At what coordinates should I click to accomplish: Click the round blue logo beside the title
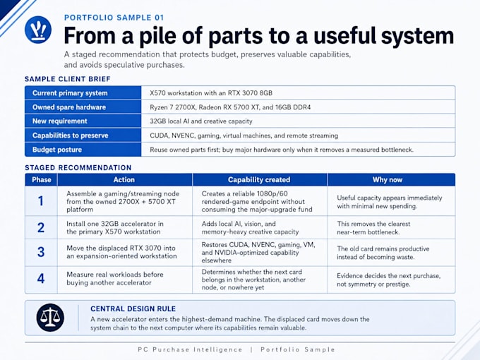click(38, 30)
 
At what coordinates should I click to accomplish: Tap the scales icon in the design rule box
click(50, 318)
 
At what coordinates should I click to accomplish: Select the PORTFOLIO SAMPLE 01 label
click(114, 18)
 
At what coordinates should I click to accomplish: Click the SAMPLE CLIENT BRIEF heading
click(68, 79)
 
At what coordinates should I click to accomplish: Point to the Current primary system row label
click(70, 93)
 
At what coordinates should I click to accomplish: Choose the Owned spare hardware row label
click(69, 107)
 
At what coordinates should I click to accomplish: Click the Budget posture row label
click(57, 150)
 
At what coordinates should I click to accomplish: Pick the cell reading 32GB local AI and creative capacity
click(201, 121)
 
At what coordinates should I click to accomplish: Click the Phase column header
click(42, 180)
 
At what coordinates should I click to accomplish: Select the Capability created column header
click(259, 180)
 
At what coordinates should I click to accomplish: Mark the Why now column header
click(388, 180)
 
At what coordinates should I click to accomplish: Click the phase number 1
click(41, 201)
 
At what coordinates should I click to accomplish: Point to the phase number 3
click(41, 252)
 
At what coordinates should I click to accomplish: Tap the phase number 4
click(41, 278)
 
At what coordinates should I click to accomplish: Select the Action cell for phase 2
click(115, 228)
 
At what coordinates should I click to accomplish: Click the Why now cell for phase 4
click(389, 280)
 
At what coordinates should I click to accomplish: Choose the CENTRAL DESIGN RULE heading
click(133, 308)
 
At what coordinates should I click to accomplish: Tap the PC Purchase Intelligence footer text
click(190, 349)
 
